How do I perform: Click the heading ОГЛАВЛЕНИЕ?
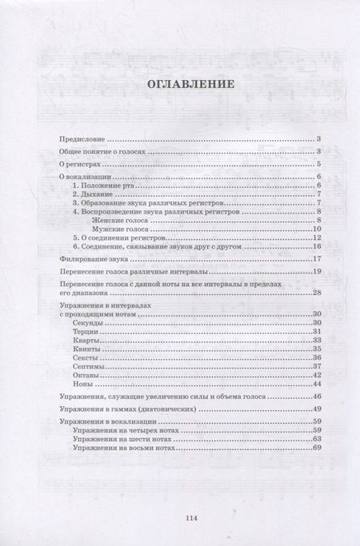pos(180,83)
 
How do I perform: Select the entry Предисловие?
pos(83,139)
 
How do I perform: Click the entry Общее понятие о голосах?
pos(100,151)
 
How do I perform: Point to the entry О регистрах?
pos(78,164)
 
